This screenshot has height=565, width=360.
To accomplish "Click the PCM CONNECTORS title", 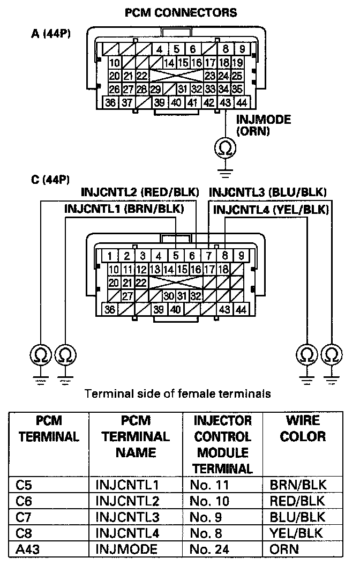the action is coord(181,12).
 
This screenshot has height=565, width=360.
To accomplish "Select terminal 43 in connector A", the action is coord(226,102).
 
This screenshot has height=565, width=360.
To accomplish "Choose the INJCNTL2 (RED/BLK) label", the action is coord(140,192).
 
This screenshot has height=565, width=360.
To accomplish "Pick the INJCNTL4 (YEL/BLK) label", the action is coord(271,209).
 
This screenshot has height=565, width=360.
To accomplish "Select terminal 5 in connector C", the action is coord(176,256).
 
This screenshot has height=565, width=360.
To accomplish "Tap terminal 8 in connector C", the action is coord(225,256).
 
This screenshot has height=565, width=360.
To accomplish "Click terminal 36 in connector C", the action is coord(110,309).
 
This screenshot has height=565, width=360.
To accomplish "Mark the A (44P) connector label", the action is coord(51,33).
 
